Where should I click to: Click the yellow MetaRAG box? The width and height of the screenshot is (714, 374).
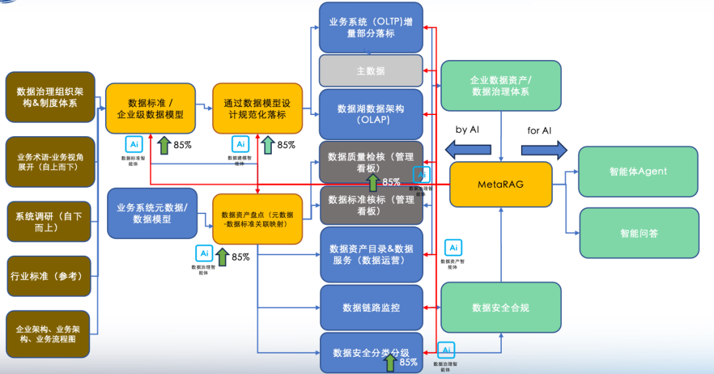[500, 184]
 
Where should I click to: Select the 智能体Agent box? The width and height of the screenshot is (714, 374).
[638, 172]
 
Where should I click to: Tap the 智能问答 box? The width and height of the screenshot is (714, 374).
[639, 233]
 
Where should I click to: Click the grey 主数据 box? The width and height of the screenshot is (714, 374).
[370, 71]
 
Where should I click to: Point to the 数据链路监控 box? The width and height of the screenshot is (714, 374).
[371, 307]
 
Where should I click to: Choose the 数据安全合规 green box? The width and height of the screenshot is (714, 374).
[500, 307]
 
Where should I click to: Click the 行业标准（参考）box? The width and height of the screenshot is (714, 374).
[48, 276]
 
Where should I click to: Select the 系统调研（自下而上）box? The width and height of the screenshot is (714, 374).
[48, 221]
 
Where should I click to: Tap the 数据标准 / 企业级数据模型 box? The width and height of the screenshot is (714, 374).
[151, 108]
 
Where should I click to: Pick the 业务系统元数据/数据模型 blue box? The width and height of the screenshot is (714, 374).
[152, 213]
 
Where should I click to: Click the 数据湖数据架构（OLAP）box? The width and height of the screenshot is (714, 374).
[370, 114]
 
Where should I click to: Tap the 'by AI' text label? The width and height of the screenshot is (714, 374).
[467, 130]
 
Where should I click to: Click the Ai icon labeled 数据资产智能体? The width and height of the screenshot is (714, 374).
[453, 248]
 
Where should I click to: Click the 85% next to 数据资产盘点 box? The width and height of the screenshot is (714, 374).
[241, 257]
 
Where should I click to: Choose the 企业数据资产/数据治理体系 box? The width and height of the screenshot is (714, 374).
[500, 86]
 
